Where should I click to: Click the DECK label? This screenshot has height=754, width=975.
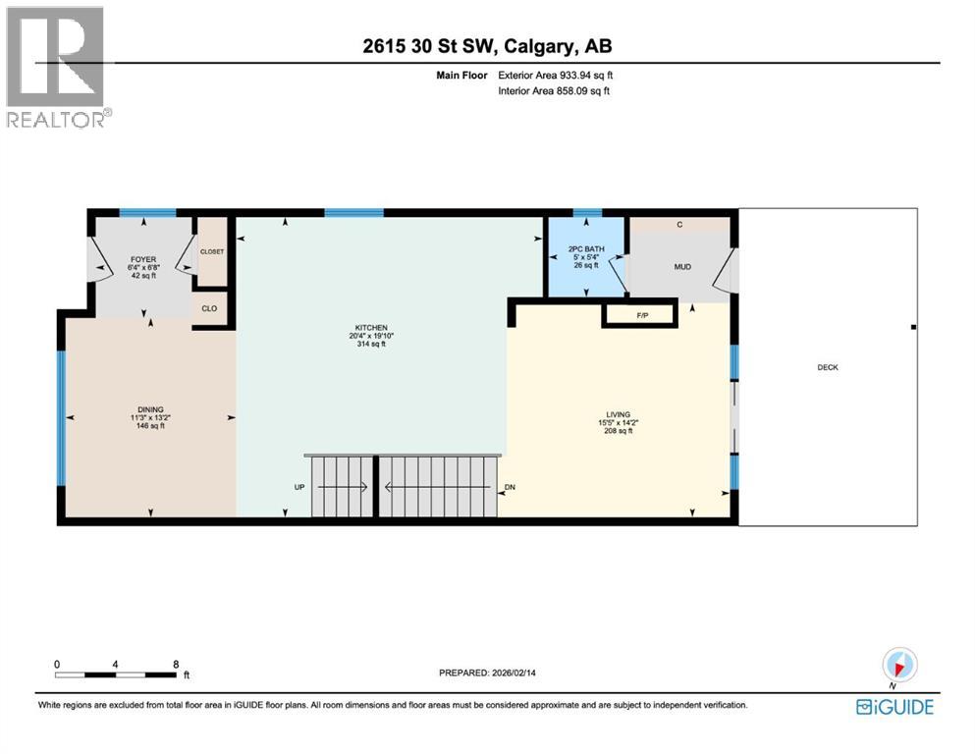tap(827, 367)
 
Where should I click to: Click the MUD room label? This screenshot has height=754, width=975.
tap(683, 266)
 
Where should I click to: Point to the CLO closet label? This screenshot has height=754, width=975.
tap(210, 308)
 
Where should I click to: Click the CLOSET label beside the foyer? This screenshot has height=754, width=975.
tap(212, 251)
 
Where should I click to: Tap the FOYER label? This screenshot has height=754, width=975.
tap(143, 260)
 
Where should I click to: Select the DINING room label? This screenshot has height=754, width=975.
tap(150, 409)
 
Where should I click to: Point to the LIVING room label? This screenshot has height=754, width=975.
tap(618, 414)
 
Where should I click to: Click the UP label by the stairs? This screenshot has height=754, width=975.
tap(299, 487)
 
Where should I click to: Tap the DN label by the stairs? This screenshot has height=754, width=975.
tap(510, 487)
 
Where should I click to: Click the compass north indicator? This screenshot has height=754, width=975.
tap(899, 665)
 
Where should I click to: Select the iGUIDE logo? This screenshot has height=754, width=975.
tap(894, 707)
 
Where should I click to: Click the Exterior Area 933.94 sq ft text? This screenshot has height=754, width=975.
tap(557, 75)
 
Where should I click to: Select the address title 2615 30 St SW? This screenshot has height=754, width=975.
tap(487, 46)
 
